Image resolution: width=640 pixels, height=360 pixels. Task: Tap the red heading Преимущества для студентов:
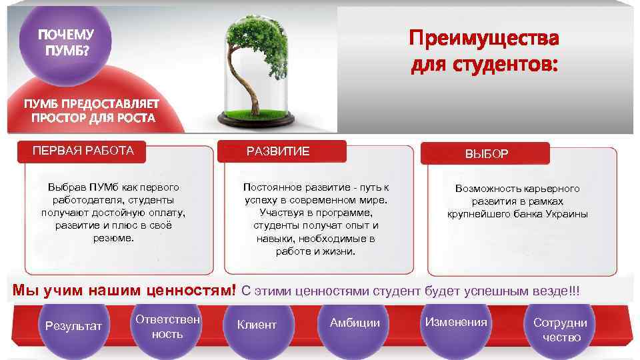485,51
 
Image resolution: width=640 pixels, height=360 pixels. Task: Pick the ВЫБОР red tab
487,154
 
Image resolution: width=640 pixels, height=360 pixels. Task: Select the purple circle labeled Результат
73,326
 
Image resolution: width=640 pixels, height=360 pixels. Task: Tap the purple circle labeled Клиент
257,325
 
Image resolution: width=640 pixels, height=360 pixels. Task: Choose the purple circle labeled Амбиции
355,323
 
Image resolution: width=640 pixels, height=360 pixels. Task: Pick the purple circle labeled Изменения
456,323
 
